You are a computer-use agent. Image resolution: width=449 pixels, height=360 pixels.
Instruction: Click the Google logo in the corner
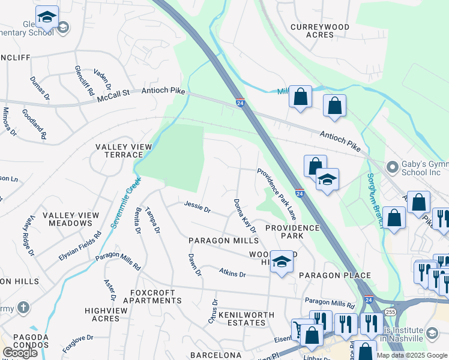20,353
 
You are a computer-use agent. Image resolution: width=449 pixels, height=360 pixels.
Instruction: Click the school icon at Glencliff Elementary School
46,18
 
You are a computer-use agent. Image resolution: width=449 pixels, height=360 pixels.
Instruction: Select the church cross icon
23,308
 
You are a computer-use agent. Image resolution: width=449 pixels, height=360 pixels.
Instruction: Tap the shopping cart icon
300,330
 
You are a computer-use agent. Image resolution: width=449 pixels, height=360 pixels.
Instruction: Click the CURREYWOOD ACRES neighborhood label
312,31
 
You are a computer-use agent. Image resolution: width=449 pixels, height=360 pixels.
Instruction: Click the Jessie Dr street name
197,209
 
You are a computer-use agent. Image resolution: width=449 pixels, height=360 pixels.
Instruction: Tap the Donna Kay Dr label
245,216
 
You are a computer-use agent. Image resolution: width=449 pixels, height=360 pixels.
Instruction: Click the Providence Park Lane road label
277,193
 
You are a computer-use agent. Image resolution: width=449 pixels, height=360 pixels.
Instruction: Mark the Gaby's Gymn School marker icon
393,166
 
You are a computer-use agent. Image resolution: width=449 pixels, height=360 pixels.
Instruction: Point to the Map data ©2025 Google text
411,355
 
